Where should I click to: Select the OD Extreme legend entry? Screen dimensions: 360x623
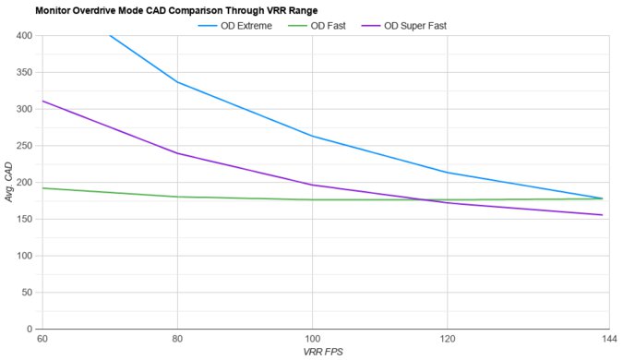[246, 25]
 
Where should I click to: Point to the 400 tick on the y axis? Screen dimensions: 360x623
[24, 35]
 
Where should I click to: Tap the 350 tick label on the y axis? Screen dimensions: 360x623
[24, 72]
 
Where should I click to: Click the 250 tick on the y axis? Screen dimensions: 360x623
[24, 145]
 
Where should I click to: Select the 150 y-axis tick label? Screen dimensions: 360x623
[24, 219]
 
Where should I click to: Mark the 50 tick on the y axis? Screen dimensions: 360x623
[27, 292]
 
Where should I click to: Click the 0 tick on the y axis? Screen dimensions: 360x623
[30, 329]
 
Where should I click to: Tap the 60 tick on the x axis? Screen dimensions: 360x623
[42, 340]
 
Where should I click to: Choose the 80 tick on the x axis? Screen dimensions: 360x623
[177, 340]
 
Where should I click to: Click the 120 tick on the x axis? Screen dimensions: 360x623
[447, 340]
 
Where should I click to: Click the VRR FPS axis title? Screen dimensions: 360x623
[322, 353]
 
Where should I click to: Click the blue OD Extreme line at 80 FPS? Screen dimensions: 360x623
[177, 82]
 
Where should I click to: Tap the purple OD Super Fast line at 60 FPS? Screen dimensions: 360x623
[43, 102]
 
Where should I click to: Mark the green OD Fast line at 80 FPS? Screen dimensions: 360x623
[177, 197]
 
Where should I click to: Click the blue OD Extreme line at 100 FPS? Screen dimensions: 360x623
[312, 136]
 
